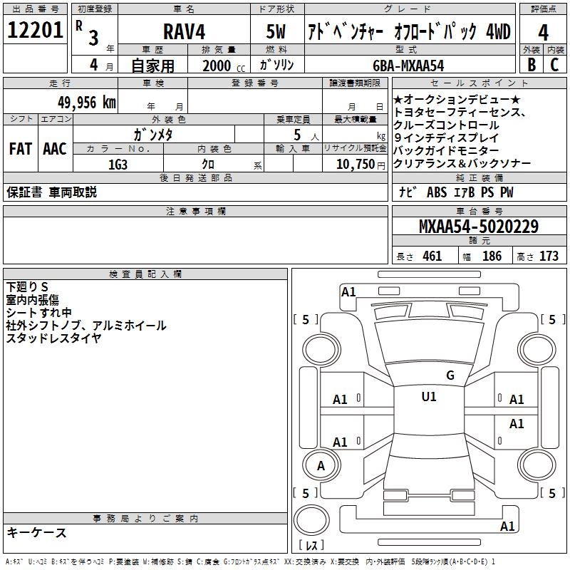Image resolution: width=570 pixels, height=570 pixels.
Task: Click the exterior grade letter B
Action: coord(531,64)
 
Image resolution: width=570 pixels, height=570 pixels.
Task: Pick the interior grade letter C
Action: coord(555,64)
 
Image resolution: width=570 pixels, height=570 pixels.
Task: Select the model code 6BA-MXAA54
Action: coord(408,65)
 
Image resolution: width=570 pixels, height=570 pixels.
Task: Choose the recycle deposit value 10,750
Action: coord(355,164)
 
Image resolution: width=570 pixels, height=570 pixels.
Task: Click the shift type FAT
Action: coord(21,148)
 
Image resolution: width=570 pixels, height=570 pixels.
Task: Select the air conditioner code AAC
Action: coord(55,148)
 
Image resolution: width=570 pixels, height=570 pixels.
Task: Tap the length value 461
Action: coord(432,256)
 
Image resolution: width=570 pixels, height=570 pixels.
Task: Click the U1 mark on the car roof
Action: coord(429,397)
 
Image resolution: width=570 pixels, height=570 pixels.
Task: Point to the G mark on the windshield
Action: coord(450,375)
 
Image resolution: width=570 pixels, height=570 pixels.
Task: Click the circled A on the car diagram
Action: coord(321,466)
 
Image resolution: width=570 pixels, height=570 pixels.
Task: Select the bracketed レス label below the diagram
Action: coord(311,546)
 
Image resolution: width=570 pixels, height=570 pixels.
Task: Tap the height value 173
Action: coord(549,256)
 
